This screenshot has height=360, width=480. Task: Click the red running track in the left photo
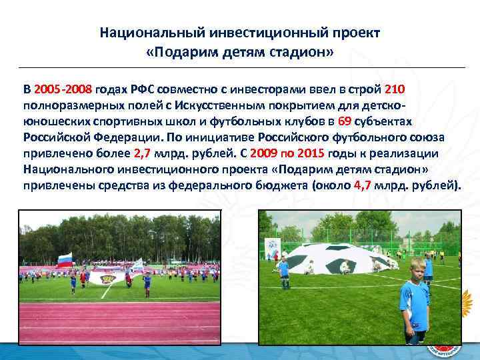coord(120,323)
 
